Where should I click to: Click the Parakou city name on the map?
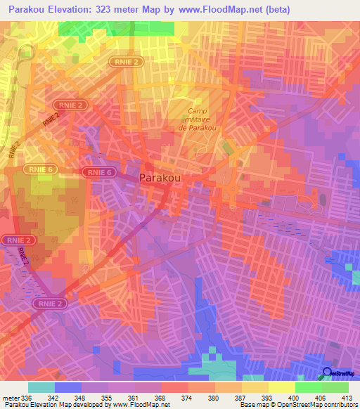[x=162, y=178]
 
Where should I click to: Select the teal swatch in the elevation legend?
[x=41, y=387]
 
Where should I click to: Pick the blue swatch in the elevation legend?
[x=68, y=387]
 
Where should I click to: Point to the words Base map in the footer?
[x=250, y=405]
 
